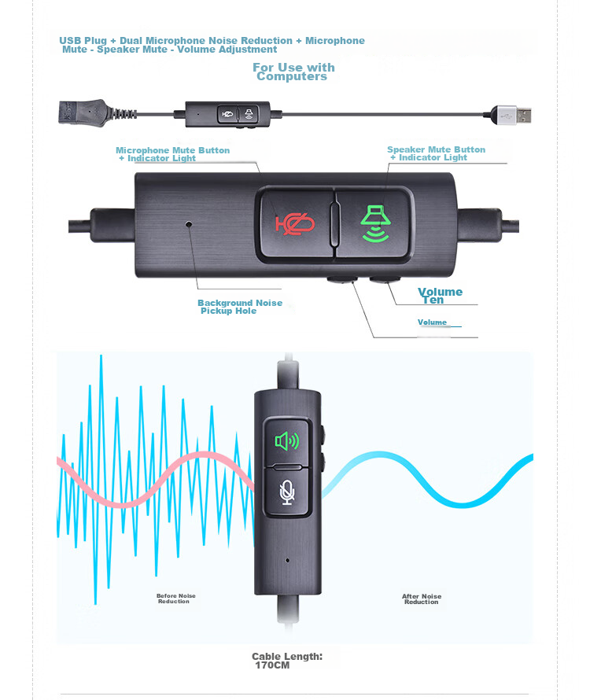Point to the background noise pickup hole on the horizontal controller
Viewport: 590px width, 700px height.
click(190, 224)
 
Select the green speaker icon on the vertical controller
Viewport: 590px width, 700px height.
click(286, 440)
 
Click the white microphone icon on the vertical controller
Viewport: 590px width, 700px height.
click(287, 492)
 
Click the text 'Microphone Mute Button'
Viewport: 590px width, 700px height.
click(173, 150)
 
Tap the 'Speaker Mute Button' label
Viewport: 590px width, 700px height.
click(436, 149)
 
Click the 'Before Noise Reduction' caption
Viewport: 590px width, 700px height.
click(175, 599)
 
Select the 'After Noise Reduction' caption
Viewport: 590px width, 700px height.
click(421, 599)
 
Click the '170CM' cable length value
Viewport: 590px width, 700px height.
click(272, 665)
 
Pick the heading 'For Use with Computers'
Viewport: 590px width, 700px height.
click(293, 72)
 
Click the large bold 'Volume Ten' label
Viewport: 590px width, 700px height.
click(439, 295)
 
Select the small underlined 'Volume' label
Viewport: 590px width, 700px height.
click(432, 322)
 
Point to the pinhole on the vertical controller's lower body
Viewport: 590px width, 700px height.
click(287, 561)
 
